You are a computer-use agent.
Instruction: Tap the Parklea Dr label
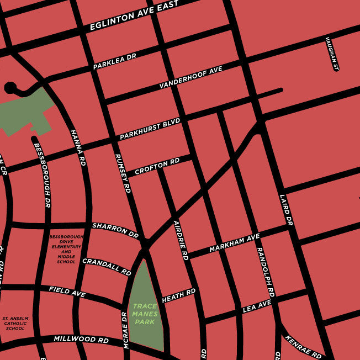114,61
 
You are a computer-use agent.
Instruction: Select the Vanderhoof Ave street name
190,77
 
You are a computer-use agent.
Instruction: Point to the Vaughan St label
331,54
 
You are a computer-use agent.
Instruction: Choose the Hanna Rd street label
78,148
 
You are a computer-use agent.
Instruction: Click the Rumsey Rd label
122,173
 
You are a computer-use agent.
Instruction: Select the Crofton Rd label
157,165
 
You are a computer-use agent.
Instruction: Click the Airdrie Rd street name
181,240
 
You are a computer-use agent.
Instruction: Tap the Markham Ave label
234,243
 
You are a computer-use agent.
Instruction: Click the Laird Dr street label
285,209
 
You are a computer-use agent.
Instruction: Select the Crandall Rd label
106,267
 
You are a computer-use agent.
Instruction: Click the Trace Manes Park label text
146,314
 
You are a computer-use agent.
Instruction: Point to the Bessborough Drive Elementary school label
66,248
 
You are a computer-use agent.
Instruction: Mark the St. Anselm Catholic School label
15,323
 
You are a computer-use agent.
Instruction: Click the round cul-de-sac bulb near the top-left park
10,87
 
